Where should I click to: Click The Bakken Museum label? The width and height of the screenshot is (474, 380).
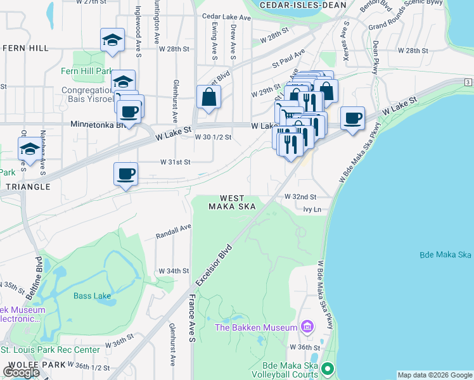(x=256, y=327)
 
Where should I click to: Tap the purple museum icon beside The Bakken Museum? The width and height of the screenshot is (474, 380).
(x=307, y=327)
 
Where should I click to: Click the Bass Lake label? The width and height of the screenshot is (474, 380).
(x=92, y=296)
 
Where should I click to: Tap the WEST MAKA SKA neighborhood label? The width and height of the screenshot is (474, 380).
(x=233, y=203)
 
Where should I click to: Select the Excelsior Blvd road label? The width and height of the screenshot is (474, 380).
(x=215, y=263)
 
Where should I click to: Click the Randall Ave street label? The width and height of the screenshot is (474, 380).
(x=174, y=231)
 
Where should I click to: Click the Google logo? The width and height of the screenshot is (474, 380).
(x=22, y=372)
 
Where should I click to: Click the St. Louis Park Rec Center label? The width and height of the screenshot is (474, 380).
(x=50, y=350)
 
